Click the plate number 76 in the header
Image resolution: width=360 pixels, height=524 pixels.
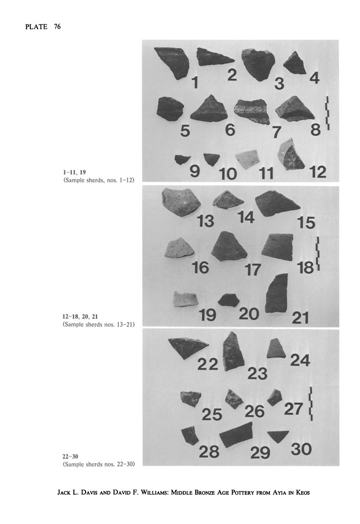(x=57, y=27)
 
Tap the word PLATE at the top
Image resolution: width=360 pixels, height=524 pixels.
(x=36, y=27)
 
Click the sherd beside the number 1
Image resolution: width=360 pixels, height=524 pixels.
(x=172, y=62)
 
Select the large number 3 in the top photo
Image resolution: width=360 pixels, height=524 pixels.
(x=279, y=83)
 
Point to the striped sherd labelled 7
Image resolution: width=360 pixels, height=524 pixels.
(x=251, y=111)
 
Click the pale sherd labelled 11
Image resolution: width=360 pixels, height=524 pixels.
(x=247, y=160)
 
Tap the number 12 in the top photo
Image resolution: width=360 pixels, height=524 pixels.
(x=317, y=172)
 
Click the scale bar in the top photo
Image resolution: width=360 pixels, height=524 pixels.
(x=328, y=113)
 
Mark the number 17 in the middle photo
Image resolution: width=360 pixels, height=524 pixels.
(x=252, y=270)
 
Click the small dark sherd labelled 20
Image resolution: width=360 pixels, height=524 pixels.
(x=228, y=300)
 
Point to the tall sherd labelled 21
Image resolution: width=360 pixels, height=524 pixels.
(x=277, y=293)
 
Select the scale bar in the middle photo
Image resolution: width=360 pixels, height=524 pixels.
(x=318, y=254)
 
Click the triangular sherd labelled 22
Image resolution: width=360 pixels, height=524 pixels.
(x=188, y=348)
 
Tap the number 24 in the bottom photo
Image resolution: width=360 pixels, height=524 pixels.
(x=300, y=360)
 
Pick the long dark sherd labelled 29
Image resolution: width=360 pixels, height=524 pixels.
(x=236, y=434)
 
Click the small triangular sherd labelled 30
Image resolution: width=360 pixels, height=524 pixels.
(x=278, y=436)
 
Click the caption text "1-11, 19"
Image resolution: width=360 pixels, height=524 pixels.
(x=74, y=172)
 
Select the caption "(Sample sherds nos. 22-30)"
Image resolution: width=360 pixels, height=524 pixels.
(x=99, y=464)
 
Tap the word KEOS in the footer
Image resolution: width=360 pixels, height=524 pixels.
(x=303, y=492)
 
